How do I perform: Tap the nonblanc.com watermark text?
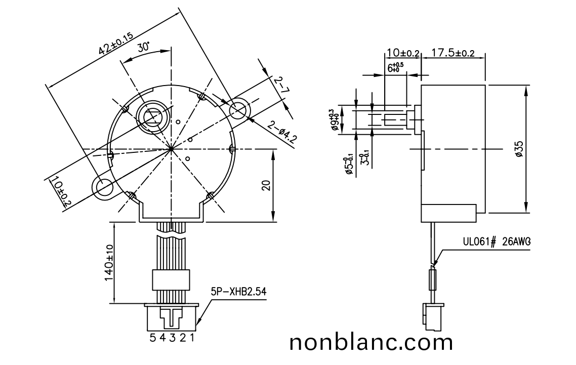click(371, 343)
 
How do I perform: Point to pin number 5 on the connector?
click(152, 338)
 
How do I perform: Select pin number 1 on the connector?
click(192, 338)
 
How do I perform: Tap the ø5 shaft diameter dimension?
click(348, 165)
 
